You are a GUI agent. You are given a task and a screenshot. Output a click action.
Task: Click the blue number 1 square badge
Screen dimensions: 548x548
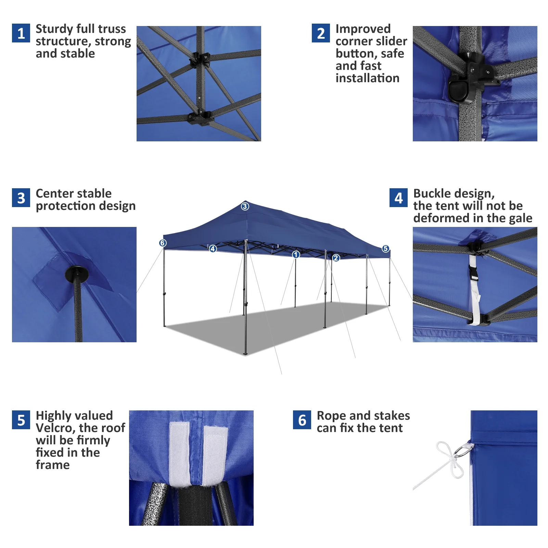pyautogui.click(x=21, y=33)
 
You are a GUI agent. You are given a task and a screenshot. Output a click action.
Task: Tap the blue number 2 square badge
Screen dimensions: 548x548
pyautogui.click(x=321, y=33)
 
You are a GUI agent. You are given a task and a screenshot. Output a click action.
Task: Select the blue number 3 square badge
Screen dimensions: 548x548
pyautogui.click(x=21, y=198)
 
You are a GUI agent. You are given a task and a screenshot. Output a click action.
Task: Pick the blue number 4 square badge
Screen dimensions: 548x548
pyautogui.click(x=398, y=198)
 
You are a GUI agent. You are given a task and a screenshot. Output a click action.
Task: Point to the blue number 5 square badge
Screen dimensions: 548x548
pyautogui.click(x=21, y=420)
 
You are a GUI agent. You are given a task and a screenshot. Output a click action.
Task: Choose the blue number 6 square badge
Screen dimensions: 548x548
pyautogui.click(x=302, y=420)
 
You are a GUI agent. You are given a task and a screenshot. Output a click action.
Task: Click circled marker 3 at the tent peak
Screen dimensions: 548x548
pyautogui.click(x=245, y=206)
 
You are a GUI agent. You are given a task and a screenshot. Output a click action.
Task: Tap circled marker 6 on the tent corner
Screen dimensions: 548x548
pyautogui.click(x=163, y=243)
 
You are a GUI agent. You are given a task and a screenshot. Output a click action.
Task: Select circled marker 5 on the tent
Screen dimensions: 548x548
pyautogui.click(x=385, y=248)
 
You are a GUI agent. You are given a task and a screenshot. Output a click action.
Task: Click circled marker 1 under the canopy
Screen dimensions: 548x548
pyautogui.click(x=296, y=255)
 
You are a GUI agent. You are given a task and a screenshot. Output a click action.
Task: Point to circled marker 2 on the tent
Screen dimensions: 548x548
pyautogui.click(x=336, y=258)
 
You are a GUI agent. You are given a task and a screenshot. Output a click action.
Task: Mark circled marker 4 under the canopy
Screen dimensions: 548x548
pyautogui.click(x=213, y=249)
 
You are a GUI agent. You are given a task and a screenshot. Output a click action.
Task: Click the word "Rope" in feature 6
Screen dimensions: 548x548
pyautogui.click(x=331, y=416)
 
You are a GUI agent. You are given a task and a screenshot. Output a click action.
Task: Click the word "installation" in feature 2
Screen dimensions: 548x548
pyautogui.click(x=367, y=78)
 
